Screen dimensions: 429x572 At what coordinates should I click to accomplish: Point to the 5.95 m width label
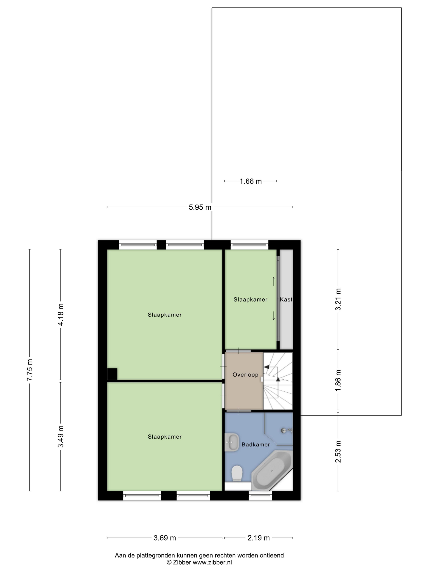pos(200,207)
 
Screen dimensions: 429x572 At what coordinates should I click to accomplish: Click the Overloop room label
pos(245,375)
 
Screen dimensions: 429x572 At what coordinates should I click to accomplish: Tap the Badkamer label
pos(256,445)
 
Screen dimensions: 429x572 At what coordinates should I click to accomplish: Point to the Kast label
pos(286,299)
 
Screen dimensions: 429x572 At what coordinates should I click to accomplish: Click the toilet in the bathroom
pos(237,473)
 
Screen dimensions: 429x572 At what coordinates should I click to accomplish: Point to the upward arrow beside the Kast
pos(274,282)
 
